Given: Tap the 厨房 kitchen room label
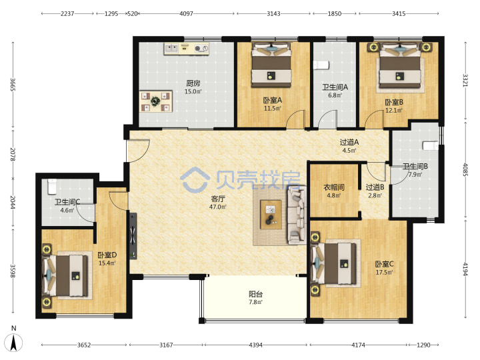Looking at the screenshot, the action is pyautogui.click(x=193, y=83).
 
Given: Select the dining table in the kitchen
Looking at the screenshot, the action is pyautogui.click(x=156, y=101).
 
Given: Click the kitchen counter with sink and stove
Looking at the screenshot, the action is pyautogui.click(x=187, y=49).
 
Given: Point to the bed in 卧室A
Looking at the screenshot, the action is pyautogui.click(x=271, y=65).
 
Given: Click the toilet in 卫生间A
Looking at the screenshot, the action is pyautogui.click(x=321, y=65).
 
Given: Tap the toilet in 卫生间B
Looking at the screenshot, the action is pyautogui.click(x=431, y=146).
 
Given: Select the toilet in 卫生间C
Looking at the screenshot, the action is pyautogui.click(x=52, y=187).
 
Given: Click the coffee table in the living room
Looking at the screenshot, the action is pyautogui.click(x=271, y=214).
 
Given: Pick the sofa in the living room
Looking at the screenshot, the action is pyautogui.click(x=297, y=215).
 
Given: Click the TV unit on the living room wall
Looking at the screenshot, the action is pyautogui.click(x=133, y=236).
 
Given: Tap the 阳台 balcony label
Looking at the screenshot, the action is pyautogui.click(x=255, y=294).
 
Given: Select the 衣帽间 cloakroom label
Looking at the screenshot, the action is pyautogui.click(x=334, y=187).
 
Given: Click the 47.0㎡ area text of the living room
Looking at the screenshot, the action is pyautogui.click(x=217, y=207).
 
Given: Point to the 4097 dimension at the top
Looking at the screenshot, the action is pyautogui.click(x=186, y=13).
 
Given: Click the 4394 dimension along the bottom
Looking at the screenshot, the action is pyautogui.click(x=255, y=345).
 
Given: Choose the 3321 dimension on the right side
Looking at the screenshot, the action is pyautogui.click(x=465, y=80).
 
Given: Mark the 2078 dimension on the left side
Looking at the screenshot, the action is pyautogui.click(x=13, y=154).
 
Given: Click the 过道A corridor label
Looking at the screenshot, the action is pyautogui.click(x=349, y=142).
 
